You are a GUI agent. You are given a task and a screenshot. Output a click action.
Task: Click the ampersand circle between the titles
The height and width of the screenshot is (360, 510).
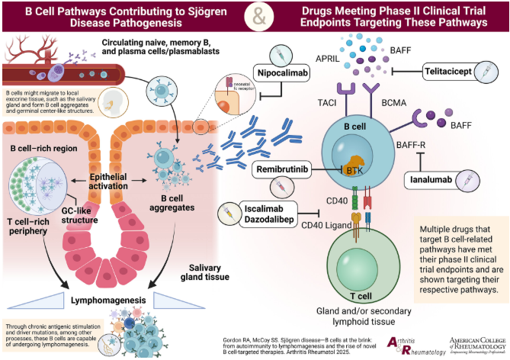[255, 15]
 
